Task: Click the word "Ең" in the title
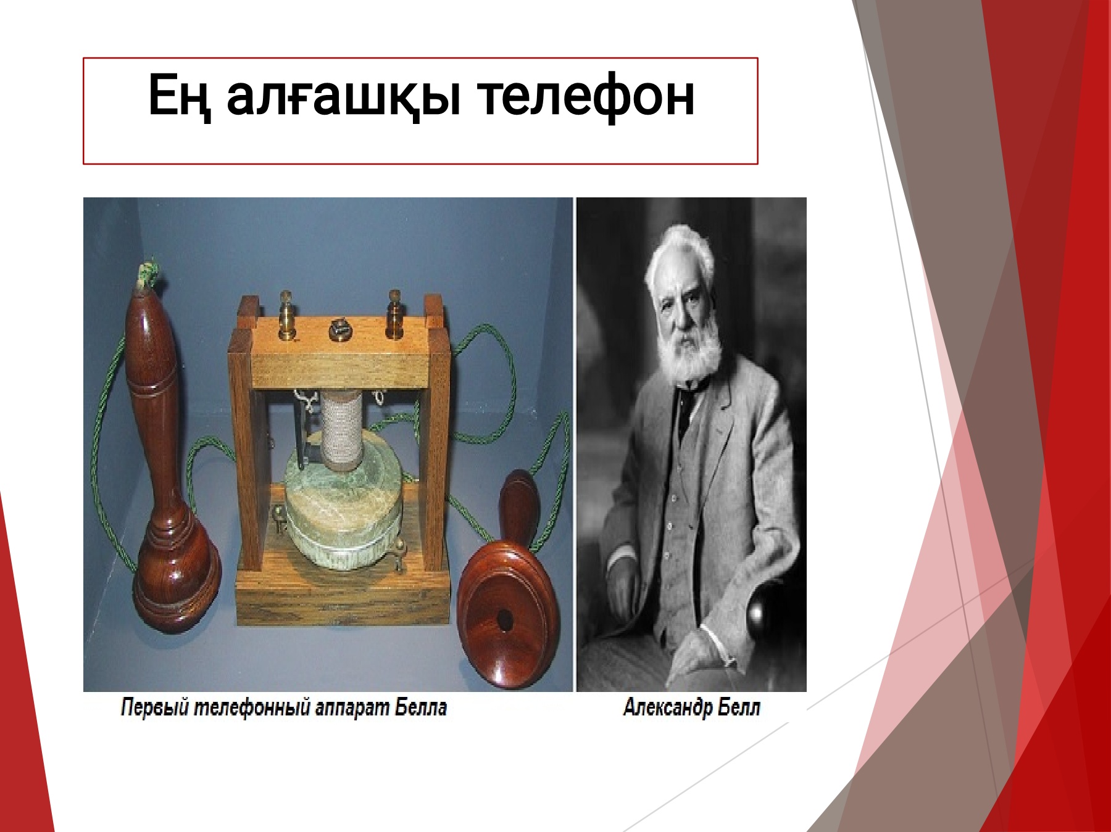(x=179, y=96)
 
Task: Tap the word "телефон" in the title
(x=586, y=96)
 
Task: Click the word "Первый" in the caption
(x=154, y=707)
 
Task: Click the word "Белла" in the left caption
(x=421, y=707)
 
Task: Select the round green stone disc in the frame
(x=343, y=512)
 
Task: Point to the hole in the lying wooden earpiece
(x=505, y=620)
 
